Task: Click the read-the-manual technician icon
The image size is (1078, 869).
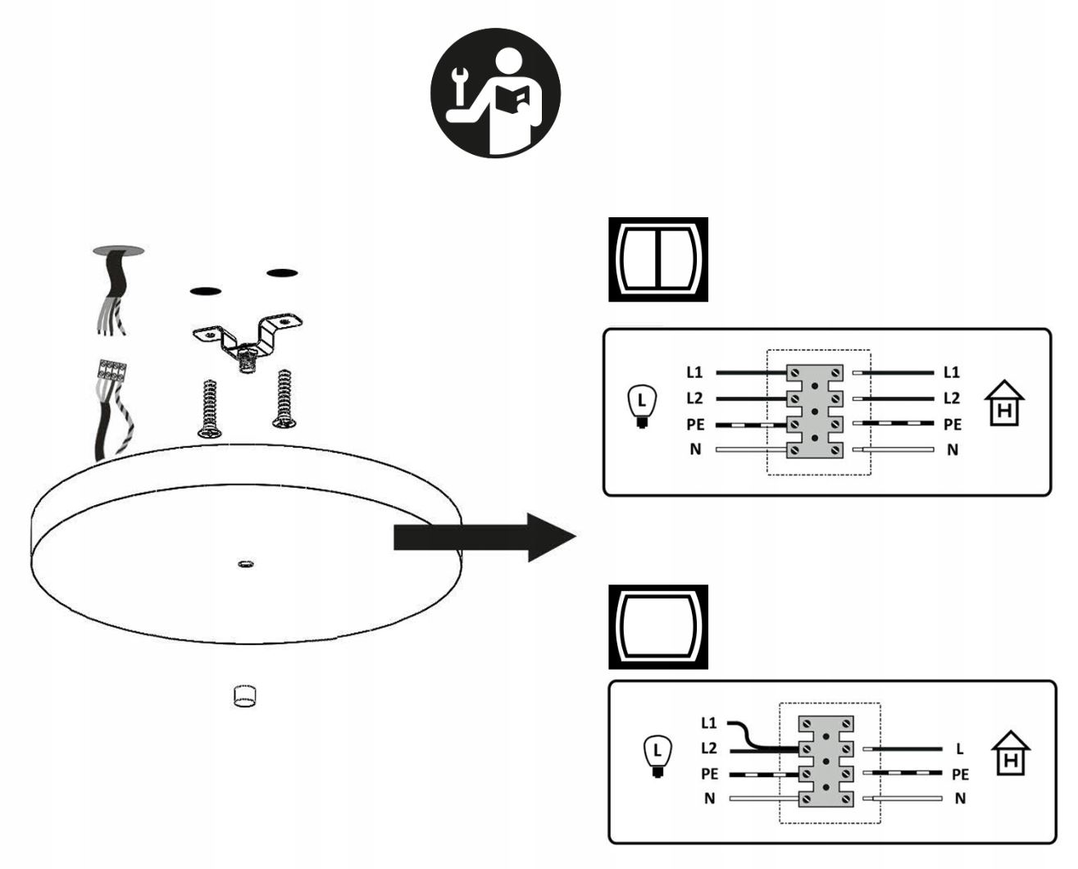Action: (x=495, y=92)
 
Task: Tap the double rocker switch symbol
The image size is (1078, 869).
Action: (x=657, y=259)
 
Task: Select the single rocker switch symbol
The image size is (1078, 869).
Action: (x=657, y=626)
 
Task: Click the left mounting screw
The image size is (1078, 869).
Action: (x=209, y=407)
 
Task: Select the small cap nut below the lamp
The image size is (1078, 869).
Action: (x=244, y=696)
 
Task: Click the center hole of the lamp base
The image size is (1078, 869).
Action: (x=244, y=564)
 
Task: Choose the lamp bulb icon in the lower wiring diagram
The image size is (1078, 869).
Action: (x=656, y=756)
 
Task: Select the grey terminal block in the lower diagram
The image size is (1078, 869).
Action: (x=826, y=760)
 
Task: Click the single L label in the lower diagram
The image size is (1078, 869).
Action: (x=960, y=748)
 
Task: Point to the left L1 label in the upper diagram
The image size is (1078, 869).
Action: (x=694, y=372)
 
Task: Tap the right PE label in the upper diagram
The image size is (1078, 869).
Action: (x=952, y=425)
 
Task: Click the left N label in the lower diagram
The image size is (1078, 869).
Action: (x=709, y=798)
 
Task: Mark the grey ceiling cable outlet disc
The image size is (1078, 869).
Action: (x=118, y=249)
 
